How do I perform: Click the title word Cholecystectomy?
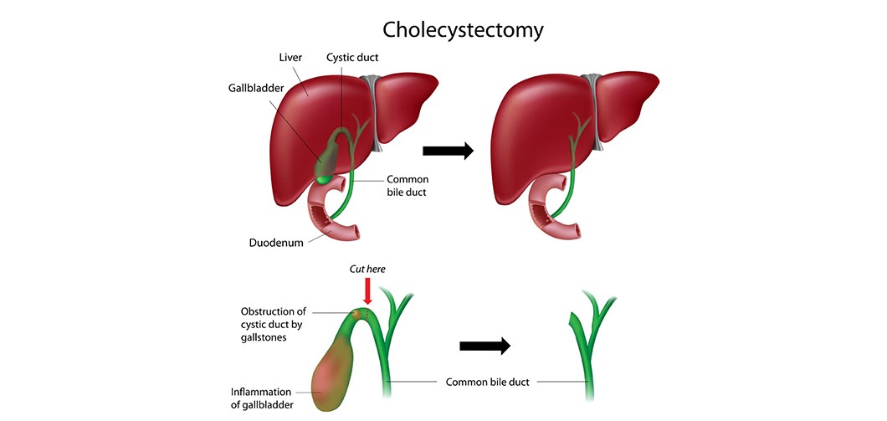click(x=463, y=30)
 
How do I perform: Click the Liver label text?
click(x=291, y=58)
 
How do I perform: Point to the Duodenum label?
click(x=275, y=243)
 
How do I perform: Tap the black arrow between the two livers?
click(x=448, y=151)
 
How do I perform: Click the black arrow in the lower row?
click(x=485, y=346)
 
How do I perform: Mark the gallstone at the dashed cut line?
click(x=362, y=316)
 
